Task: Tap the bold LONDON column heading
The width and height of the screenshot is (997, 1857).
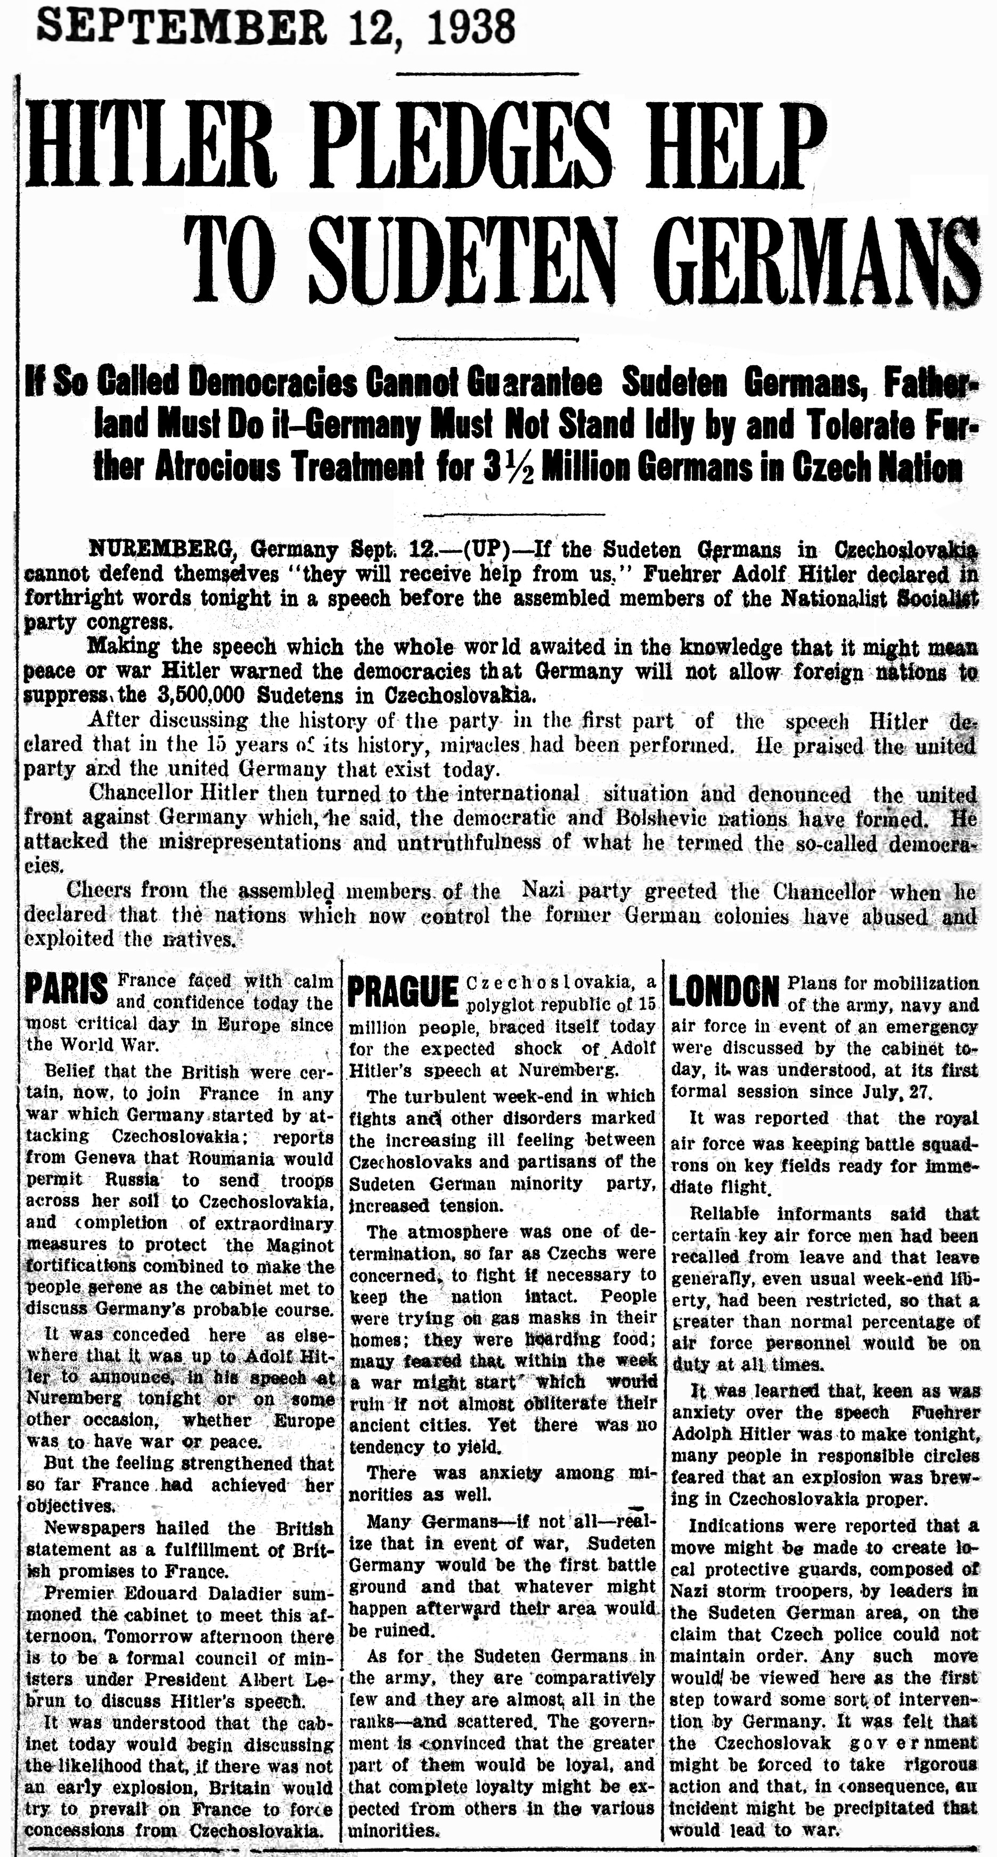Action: (x=724, y=991)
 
